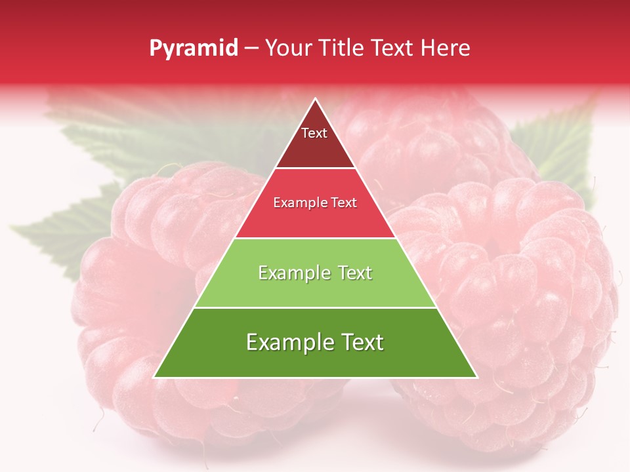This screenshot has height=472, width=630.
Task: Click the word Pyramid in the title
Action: click(194, 49)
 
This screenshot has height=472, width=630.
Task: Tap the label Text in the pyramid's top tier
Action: click(314, 133)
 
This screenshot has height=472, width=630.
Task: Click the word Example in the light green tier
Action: click(287, 273)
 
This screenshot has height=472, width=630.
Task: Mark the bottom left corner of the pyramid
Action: click(154, 378)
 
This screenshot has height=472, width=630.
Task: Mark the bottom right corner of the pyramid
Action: click(477, 378)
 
